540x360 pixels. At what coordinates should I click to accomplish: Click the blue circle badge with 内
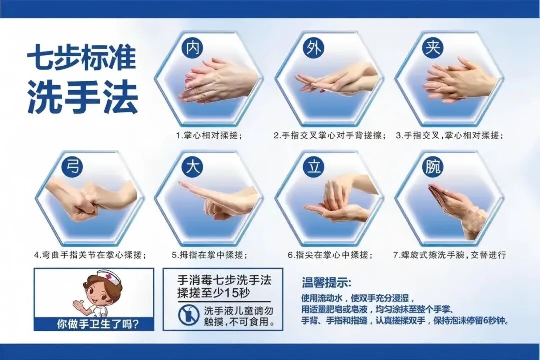pos(192,48)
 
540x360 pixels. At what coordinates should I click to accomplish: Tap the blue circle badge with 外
pos(313,48)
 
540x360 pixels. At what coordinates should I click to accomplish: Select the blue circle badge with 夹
pos(432,48)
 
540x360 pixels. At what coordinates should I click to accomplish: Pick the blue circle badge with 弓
pos(73,167)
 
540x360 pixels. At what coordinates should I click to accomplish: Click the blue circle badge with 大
pos(192,167)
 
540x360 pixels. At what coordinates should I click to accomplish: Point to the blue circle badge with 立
pos(313,167)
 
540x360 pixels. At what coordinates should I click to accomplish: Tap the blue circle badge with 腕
pos(432,167)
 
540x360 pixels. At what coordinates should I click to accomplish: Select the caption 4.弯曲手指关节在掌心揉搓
pos(90,255)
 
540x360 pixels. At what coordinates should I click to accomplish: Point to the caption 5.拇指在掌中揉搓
pos(210,255)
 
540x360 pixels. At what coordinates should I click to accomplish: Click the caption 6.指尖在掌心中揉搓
pos(330,255)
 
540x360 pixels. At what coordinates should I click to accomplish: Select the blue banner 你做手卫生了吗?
pos(94,323)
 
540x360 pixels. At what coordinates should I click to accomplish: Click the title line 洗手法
pos(82,98)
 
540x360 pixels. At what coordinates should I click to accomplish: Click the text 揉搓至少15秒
pos(209,293)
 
